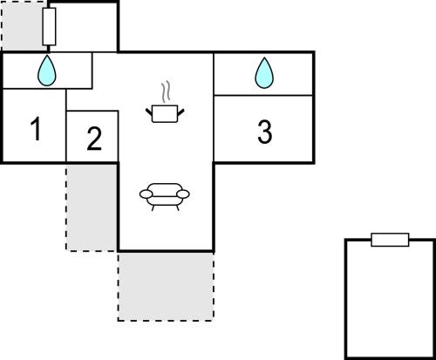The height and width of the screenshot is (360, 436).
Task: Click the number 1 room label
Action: click(36, 128)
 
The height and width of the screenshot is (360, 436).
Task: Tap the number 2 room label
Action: click(94, 139)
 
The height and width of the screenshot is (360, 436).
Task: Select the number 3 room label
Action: click(264, 132)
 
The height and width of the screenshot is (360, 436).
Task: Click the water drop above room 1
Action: click(46, 71)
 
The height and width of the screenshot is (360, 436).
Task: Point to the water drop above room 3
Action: click(264, 73)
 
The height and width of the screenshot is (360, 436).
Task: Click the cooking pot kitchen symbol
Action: click(165, 113)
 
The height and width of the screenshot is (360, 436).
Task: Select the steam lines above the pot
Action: click(166, 92)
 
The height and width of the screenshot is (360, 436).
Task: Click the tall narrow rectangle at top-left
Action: click(49, 26)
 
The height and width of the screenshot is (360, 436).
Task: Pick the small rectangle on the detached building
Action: click(390, 240)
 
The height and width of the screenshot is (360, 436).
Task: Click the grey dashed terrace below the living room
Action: click(166, 287)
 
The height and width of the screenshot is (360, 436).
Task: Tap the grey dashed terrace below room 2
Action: click(92, 207)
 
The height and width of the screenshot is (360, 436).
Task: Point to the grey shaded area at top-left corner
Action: click(23, 26)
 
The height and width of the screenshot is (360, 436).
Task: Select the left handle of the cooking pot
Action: click(149, 112)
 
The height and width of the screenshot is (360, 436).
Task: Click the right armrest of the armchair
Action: click(183, 194)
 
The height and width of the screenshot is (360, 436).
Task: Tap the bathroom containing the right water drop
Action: click(263, 74)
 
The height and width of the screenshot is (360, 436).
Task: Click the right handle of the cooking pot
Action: click(181, 112)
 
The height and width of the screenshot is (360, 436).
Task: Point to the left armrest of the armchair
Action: click(146, 194)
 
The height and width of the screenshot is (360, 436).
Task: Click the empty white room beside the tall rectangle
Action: click(86, 28)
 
